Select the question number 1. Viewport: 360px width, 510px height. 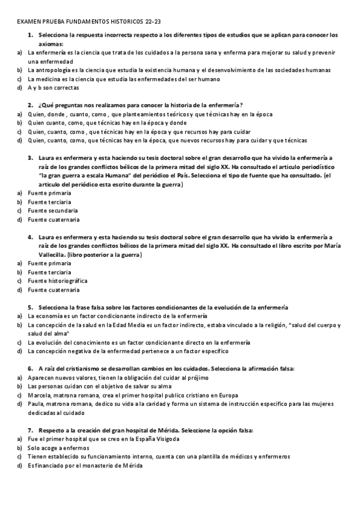point(30,35)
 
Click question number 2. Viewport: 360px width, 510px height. point(30,105)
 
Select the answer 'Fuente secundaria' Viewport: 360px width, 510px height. point(52,210)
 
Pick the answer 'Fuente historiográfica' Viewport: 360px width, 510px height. point(58,281)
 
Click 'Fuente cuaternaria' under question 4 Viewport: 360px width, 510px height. point(53,290)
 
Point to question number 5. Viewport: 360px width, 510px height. point(30,307)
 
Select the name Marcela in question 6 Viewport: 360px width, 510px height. point(39,395)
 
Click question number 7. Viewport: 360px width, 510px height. point(30,431)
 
